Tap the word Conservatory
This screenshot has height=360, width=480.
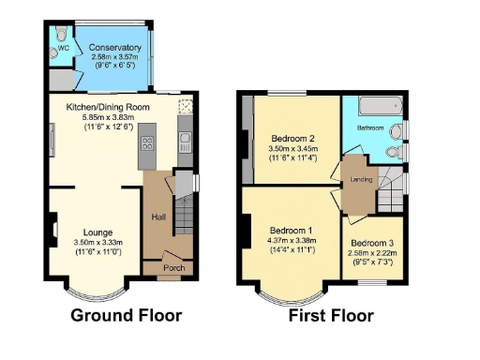click(114, 47)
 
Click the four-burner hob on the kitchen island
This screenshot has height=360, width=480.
click(147, 144)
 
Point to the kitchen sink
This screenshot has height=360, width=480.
click(184, 142)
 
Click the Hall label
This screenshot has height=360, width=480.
click(158, 218)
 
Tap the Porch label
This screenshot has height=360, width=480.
click(173, 267)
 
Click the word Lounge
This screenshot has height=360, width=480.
click(98, 232)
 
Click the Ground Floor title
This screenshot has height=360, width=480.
click(127, 315)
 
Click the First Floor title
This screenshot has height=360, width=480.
click(331, 315)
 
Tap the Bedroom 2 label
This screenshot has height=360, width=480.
click(292, 140)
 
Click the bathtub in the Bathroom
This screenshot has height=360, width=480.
click(376, 104)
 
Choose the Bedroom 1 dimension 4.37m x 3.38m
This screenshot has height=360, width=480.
click(291, 241)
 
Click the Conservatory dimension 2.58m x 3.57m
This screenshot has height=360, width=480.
click(114, 57)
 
